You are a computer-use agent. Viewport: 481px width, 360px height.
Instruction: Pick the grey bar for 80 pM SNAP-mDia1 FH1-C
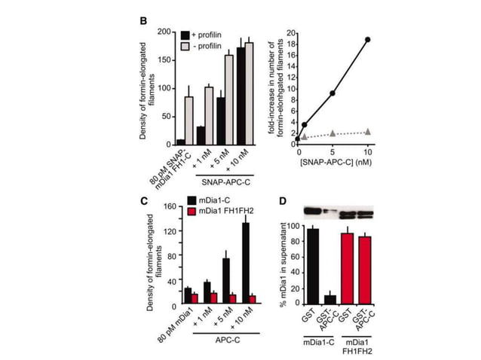tap(190, 120)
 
